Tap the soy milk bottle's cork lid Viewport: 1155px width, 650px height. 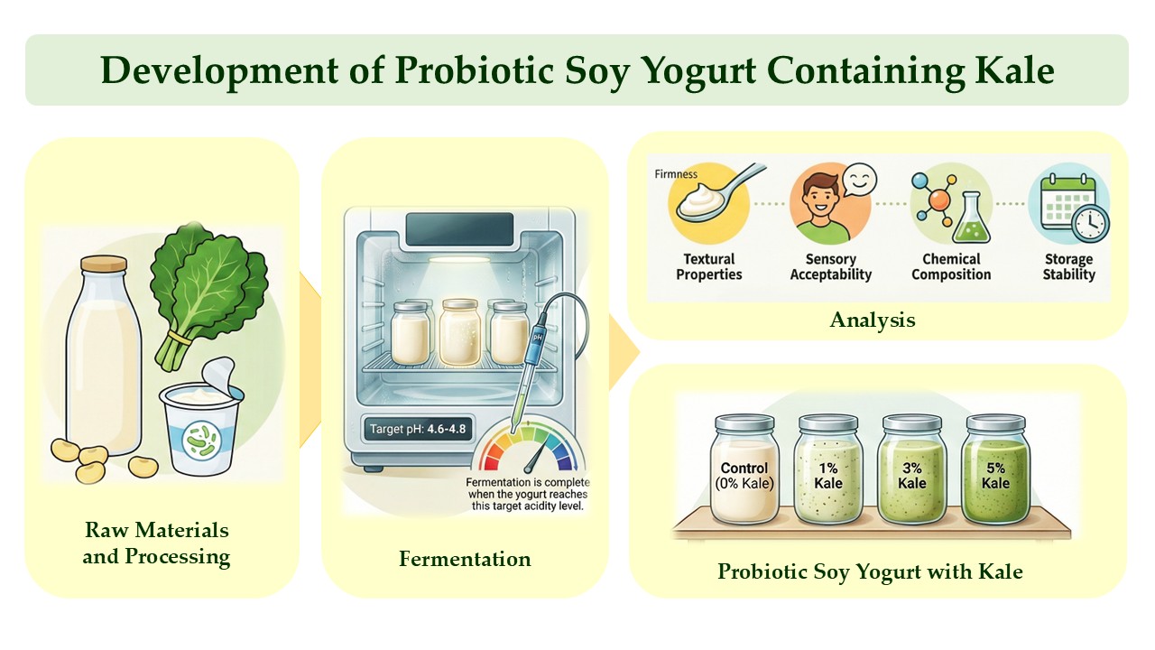(x=104, y=264)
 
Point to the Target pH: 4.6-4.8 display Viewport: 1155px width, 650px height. (x=418, y=429)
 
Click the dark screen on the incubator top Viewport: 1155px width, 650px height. (x=459, y=229)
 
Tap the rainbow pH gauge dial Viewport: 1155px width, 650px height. (x=530, y=447)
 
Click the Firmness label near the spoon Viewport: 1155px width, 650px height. (x=676, y=174)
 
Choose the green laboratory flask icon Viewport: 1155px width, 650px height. (x=971, y=218)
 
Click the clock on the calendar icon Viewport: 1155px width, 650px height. (x=1090, y=223)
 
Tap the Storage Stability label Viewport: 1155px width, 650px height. (x=1069, y=266)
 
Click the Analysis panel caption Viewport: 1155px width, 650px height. (x=873, y=320)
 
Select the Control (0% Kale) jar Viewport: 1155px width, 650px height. (x=744, y=469)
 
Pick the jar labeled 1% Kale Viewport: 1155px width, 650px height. (x=827, y=469)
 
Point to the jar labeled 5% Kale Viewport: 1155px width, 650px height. (x=995, y=469)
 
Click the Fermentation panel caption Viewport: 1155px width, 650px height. (x=465, y=559)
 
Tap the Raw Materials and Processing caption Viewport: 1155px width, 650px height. (x=156, y=543)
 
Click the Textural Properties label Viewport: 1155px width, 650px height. (x=709, y=266)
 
